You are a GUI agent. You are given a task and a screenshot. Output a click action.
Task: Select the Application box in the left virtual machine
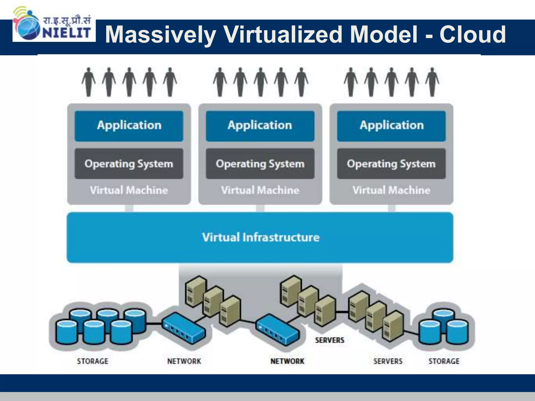[x=129, y=126]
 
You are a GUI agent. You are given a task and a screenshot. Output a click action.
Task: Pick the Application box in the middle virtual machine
[x=260, y=126]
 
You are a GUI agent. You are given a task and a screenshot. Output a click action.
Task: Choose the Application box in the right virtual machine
[x=391, y=126]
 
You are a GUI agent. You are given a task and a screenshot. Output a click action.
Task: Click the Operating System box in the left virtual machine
[x=129, y=164]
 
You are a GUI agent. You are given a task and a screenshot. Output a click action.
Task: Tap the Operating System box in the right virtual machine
[x=391, y=164]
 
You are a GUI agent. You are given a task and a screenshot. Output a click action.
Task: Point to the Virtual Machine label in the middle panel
[x=260, y=190]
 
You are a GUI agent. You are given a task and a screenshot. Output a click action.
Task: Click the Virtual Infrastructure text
[x=260, y=237]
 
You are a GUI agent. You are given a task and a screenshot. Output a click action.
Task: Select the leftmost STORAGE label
[x=92, y=361]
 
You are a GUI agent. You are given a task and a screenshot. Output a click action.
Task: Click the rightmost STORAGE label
[x=444, y=361]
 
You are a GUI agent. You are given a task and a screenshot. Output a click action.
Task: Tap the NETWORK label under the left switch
[x=184, y=361]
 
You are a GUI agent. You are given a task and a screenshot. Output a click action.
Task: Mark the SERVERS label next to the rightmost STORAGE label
[x=388, y=361]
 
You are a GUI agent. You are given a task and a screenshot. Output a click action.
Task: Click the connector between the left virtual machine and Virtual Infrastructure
[x=129, y=208]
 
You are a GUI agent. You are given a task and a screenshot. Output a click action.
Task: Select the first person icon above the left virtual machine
[x=89, y=82]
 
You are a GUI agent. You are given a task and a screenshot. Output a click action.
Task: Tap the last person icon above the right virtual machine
[x=432, y=82]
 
